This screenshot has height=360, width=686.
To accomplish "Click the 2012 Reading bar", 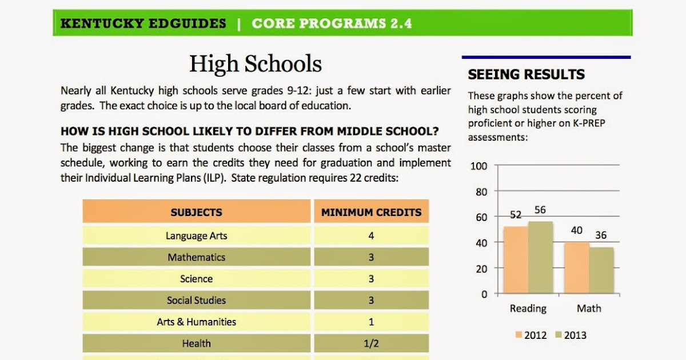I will tap(516, 260).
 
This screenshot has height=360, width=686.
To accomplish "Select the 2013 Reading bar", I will tap(540, 258).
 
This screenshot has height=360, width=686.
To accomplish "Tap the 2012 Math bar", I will tap(577, 267).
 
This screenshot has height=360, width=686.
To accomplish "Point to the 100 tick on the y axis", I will tap(478, 166).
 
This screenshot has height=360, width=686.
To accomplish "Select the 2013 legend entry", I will tap(571, 335).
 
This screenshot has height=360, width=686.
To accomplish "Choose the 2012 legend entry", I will tap(531, 335).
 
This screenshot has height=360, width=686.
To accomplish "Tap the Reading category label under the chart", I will tap(528, 309).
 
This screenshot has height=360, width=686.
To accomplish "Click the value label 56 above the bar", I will tap(540, 210).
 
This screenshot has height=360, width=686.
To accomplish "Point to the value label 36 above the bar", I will tap(601, 235).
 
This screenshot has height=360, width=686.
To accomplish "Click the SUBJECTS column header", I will tap(196, 213).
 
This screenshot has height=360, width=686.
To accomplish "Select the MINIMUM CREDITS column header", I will tap(371, 213).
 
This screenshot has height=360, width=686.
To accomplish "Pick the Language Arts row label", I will tap(196, 235).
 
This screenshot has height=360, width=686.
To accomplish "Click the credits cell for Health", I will tap(371, 343).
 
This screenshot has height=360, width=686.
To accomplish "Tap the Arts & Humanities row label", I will tap(196, 322).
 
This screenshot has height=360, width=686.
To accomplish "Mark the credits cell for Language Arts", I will tap(371, 235).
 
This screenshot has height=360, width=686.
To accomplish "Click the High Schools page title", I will tap(256, 64).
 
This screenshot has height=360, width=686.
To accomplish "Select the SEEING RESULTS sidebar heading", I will tap(526, 74).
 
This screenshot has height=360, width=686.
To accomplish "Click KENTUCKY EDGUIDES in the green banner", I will tap(143, 23).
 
